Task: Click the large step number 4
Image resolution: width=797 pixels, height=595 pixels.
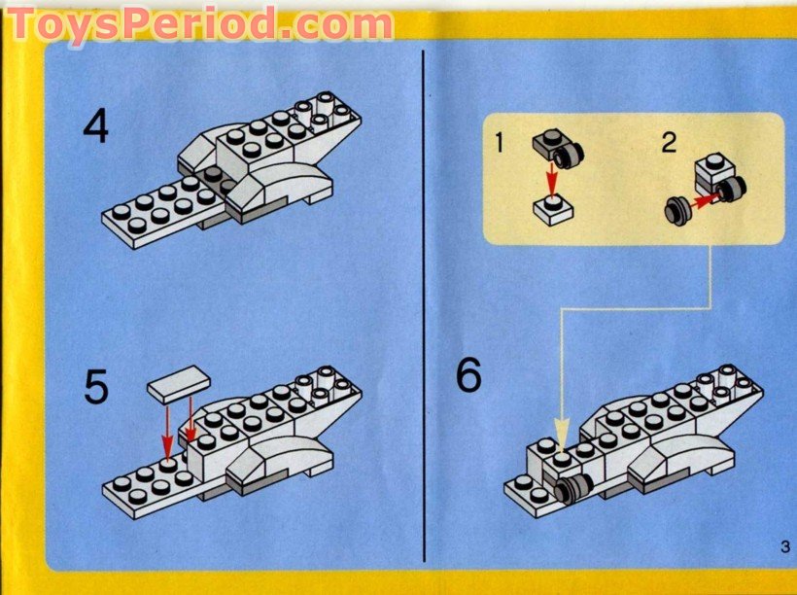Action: click(95, 128)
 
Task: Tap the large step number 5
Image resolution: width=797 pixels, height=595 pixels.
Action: click(96, 386)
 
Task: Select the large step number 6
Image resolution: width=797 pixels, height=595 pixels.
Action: click(468, 375)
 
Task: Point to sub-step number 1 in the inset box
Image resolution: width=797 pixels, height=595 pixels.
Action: click(499, 144)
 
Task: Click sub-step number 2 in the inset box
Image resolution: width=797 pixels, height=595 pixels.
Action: click(668, 143)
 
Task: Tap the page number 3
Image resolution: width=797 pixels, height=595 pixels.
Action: click(783, 545)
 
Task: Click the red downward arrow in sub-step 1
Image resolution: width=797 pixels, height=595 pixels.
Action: click(551, 179)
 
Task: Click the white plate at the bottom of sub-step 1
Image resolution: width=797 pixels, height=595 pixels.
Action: click(552, 208)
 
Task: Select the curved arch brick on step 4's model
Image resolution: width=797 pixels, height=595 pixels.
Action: click(283, 185)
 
